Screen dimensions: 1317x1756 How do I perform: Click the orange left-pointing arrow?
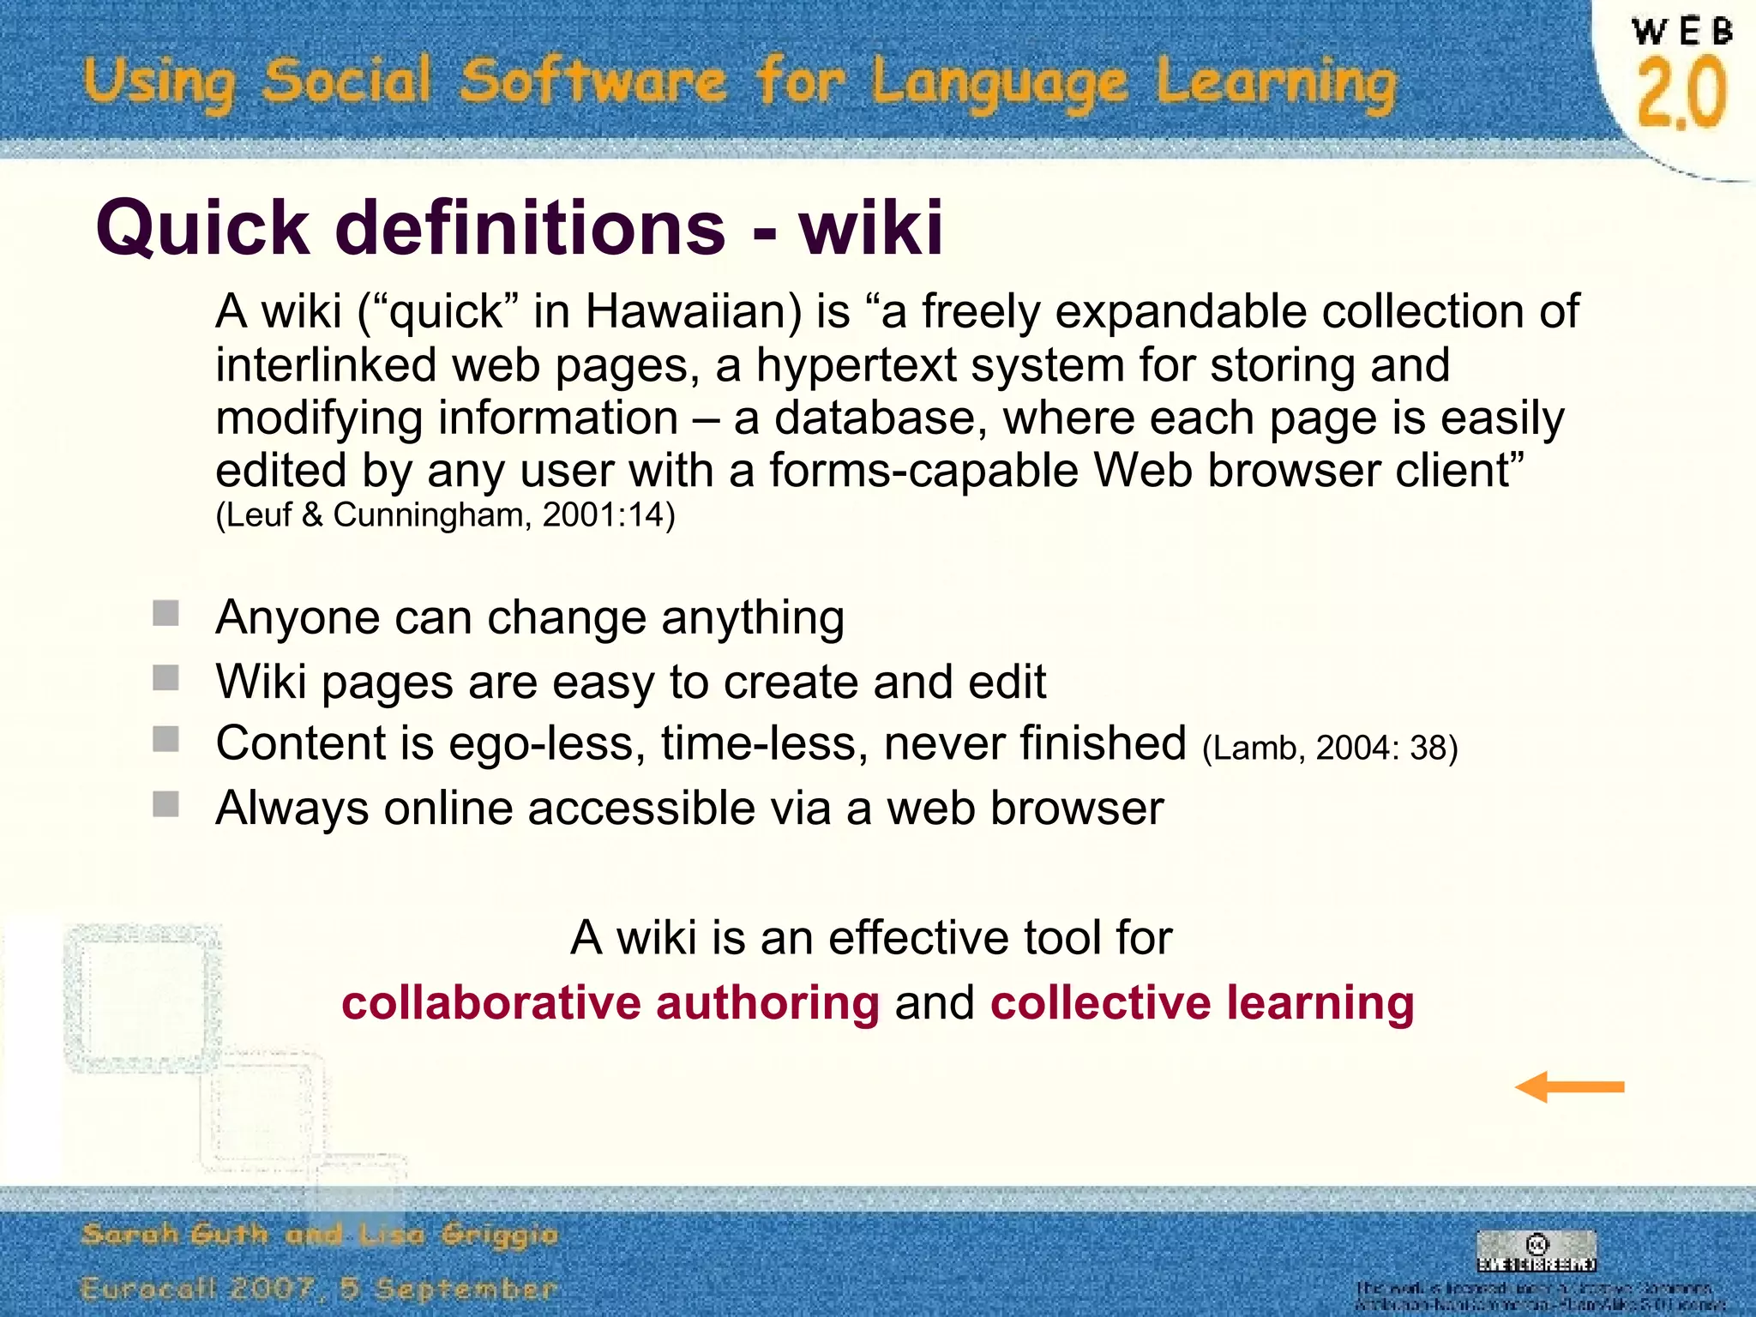click(1569, 1087)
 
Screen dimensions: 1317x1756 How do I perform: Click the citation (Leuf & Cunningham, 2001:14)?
click(445, 515)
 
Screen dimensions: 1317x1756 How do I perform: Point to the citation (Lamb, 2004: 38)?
click(1330, 748)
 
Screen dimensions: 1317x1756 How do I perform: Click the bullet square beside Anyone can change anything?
click(165, 614)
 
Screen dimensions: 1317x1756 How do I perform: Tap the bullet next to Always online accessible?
click(165, 804)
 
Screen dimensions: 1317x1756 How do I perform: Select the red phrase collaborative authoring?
click(610, 1003)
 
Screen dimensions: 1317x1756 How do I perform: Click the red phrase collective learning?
click(1202, 1003)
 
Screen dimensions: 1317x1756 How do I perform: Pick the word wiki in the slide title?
click(871, 228)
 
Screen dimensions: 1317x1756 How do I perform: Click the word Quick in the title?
click(202, 228)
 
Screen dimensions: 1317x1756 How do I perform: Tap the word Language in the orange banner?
click(1000, 83)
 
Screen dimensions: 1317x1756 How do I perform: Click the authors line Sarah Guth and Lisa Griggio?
click(320, 1235)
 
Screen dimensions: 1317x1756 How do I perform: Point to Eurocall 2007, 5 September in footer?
click(320, 1289)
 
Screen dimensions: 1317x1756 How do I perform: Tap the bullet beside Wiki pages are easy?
click(165, 678)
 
